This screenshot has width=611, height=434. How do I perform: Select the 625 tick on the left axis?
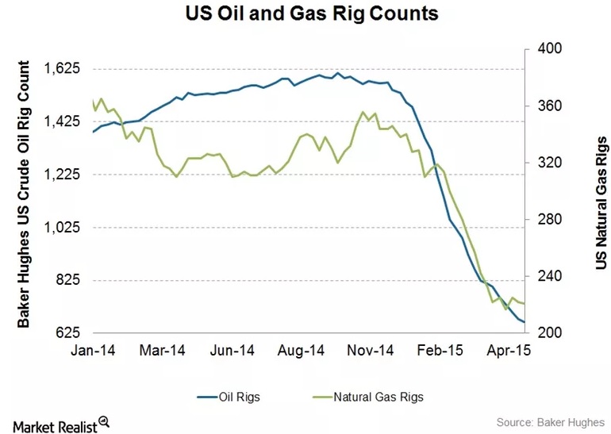67,333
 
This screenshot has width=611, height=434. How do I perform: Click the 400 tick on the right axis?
550,48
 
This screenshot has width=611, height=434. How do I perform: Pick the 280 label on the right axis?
550,219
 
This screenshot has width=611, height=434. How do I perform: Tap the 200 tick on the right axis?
550,333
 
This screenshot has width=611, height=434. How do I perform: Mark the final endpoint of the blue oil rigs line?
525,321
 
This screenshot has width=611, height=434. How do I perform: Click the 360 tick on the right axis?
550,106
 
